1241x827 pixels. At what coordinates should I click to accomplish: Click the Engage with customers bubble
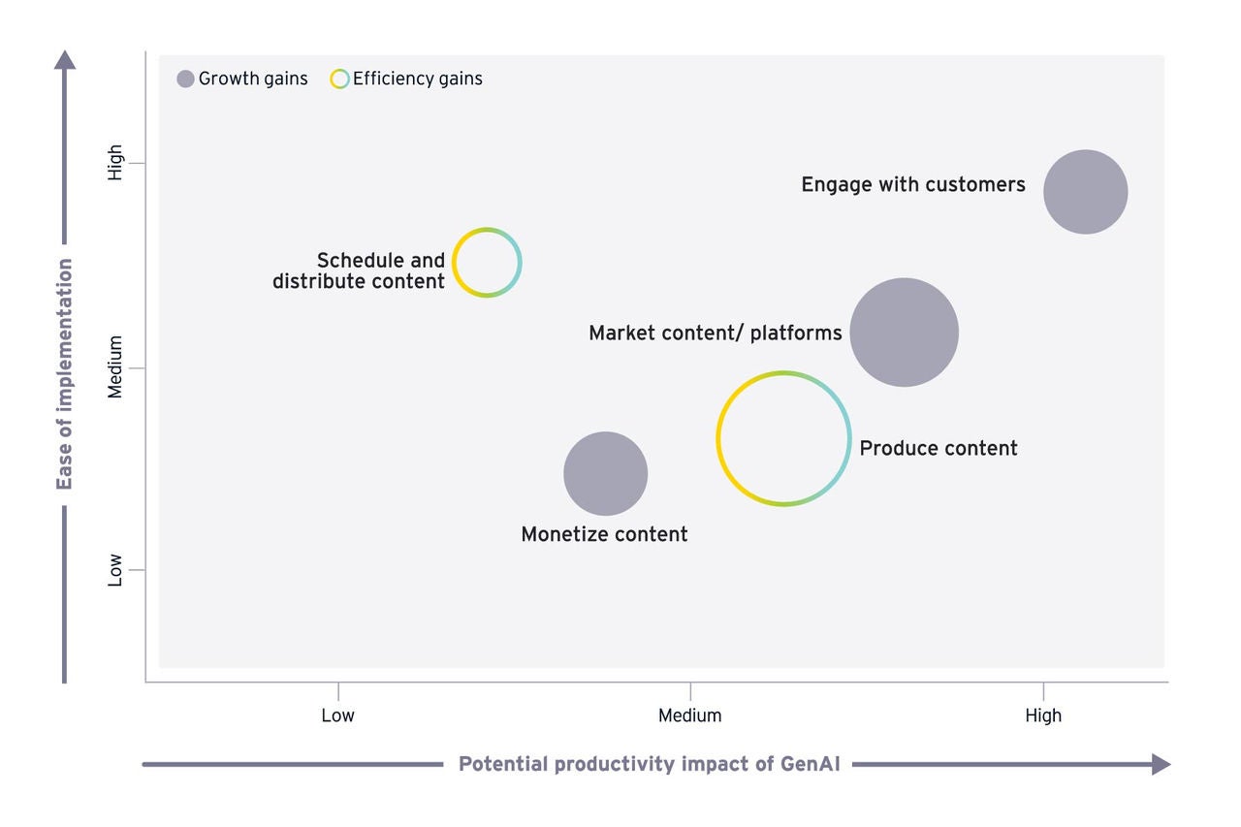(1085, 192)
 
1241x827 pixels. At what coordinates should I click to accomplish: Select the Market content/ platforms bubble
(904, 333)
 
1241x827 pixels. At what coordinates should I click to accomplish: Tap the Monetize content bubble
(605, 473)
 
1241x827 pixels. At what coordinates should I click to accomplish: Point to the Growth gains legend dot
(186, 80)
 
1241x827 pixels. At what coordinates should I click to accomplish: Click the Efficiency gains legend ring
(339, 80)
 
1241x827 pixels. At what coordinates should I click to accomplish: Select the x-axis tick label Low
(337, 716)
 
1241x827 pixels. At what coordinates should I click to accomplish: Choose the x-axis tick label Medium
(689, 716)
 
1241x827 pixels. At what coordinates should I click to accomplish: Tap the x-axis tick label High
(1043, 716)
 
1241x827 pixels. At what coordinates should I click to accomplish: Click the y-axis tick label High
(115, 162)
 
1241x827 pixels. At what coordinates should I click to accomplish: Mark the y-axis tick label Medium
(115, 367)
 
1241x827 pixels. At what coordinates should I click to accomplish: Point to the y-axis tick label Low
(115, 569)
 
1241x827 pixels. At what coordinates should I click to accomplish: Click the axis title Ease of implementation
(65, 374)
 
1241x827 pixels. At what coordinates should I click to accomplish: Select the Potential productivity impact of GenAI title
(649, 764)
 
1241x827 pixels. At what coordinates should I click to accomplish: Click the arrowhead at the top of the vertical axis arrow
(65, 60)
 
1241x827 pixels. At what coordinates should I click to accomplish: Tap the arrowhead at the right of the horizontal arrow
(1161, 764)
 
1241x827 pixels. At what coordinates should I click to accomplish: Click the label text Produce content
(939, 448)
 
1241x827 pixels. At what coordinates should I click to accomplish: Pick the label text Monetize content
(604, 534)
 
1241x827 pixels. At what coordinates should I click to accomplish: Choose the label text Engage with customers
(912, 184)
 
